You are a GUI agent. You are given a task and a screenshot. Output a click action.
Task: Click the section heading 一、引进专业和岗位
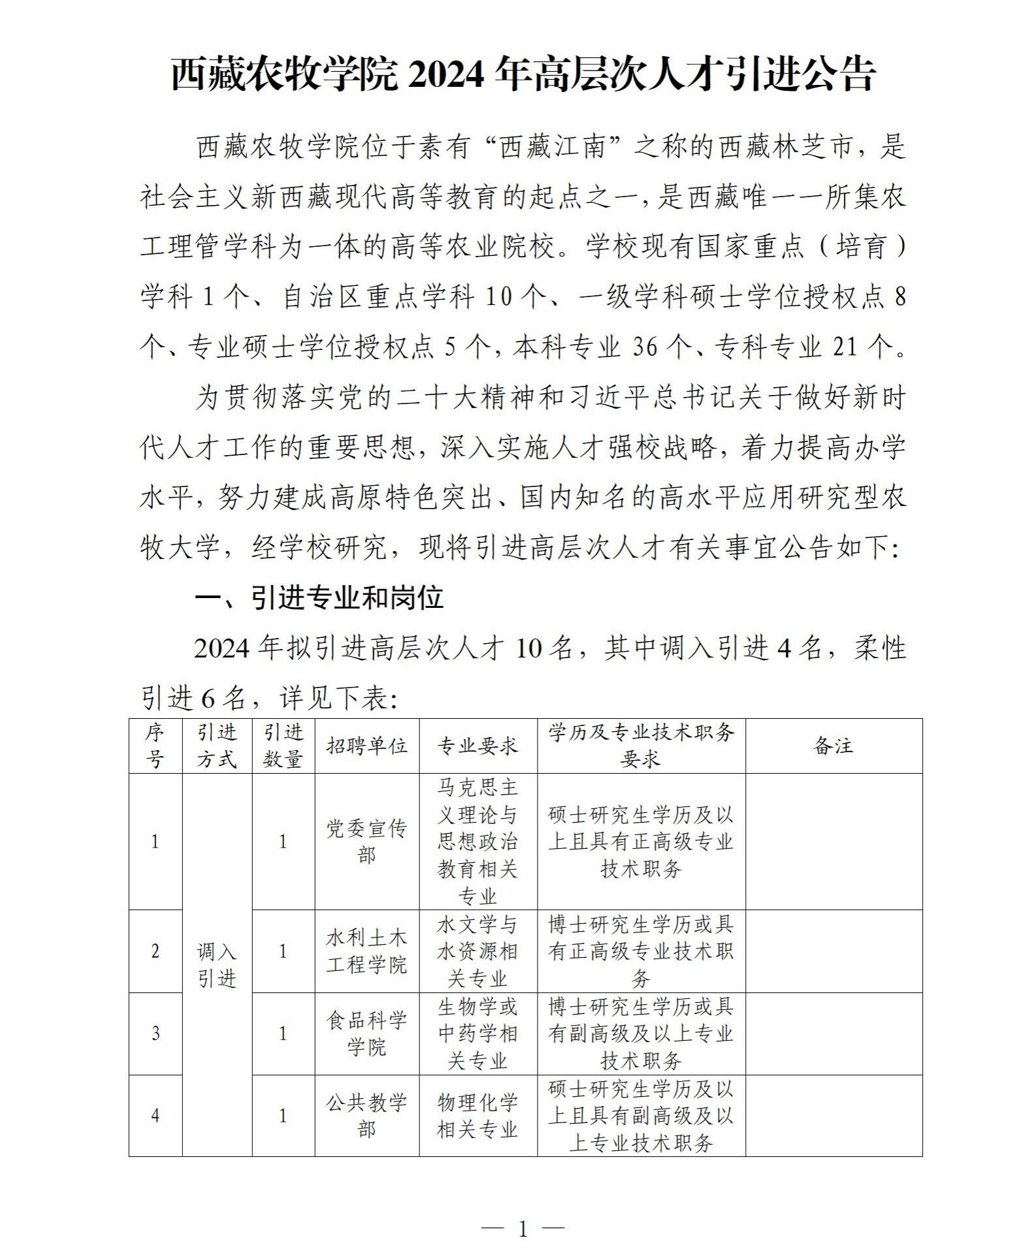click(319, 597)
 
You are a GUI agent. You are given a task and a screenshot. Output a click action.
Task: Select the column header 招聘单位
click(366, 746)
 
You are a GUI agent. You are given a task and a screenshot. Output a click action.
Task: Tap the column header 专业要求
click(478, 746)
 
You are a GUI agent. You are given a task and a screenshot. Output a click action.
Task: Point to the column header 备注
click(834, 746)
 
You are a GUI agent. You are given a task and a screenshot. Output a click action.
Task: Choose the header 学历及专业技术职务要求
click(641, 746)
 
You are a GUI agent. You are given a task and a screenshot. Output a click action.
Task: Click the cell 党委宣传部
click(366, 842)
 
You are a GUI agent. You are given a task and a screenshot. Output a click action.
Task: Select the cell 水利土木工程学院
click(366, 951)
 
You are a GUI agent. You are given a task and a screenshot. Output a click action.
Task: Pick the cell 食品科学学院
click(366, 1034)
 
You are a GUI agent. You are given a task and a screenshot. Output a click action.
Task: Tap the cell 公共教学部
click(366, 1116)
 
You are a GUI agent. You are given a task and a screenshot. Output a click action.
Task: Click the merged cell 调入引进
click(217, 965)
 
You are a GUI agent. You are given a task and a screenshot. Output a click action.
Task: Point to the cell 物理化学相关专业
click(478, 1116)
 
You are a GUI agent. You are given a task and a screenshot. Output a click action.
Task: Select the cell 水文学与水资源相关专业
click(478, 951)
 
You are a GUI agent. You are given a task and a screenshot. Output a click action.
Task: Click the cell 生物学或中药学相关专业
click(478, 1034)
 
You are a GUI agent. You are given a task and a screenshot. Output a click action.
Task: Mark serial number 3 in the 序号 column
click(155, 1034)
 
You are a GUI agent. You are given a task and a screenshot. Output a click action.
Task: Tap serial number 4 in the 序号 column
click(155, 1116)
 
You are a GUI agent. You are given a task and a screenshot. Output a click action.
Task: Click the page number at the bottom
click(522, 1229)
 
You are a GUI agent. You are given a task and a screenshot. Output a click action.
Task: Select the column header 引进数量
click(283, 746)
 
